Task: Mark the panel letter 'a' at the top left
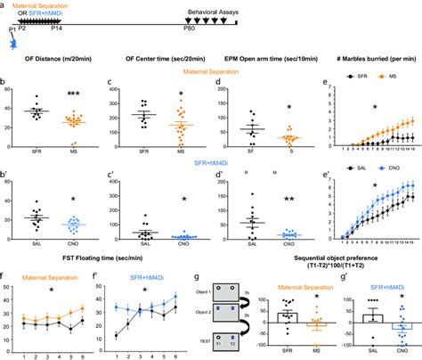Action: [x=4, y=4]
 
